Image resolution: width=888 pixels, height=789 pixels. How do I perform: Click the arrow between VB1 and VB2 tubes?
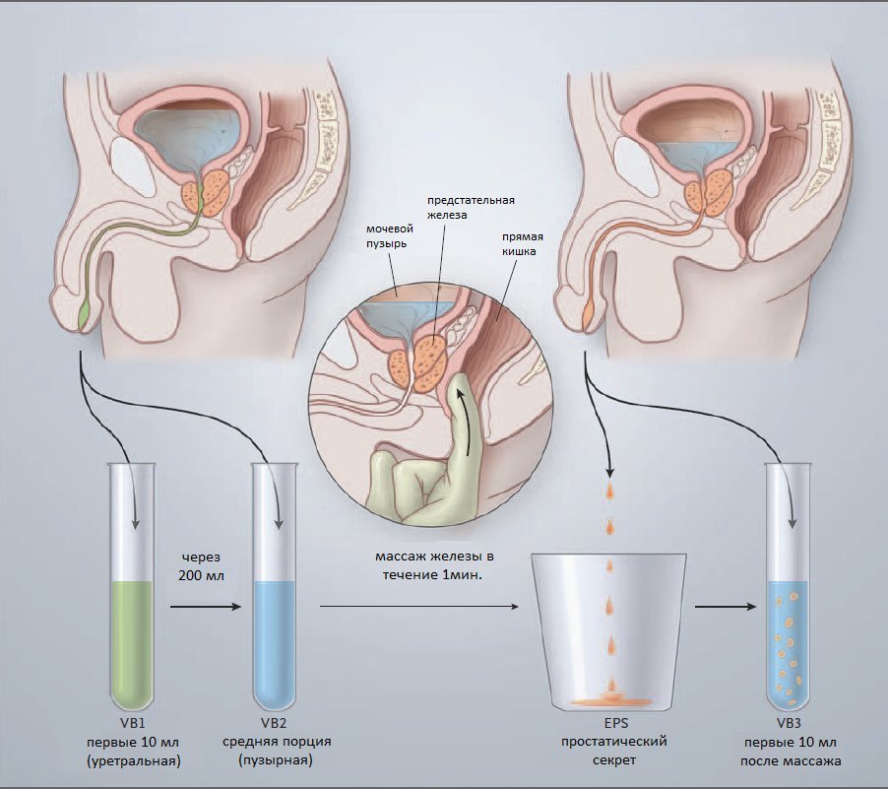point(206,608)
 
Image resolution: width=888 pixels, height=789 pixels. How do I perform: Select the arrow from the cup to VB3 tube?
point(725,608)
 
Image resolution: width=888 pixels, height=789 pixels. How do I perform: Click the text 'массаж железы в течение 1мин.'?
point(434,565)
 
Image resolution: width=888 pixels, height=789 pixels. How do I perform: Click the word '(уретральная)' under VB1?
point(132,760)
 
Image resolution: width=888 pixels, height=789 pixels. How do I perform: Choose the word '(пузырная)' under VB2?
point(276,760)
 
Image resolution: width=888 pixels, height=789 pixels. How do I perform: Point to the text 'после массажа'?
point(792,760)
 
